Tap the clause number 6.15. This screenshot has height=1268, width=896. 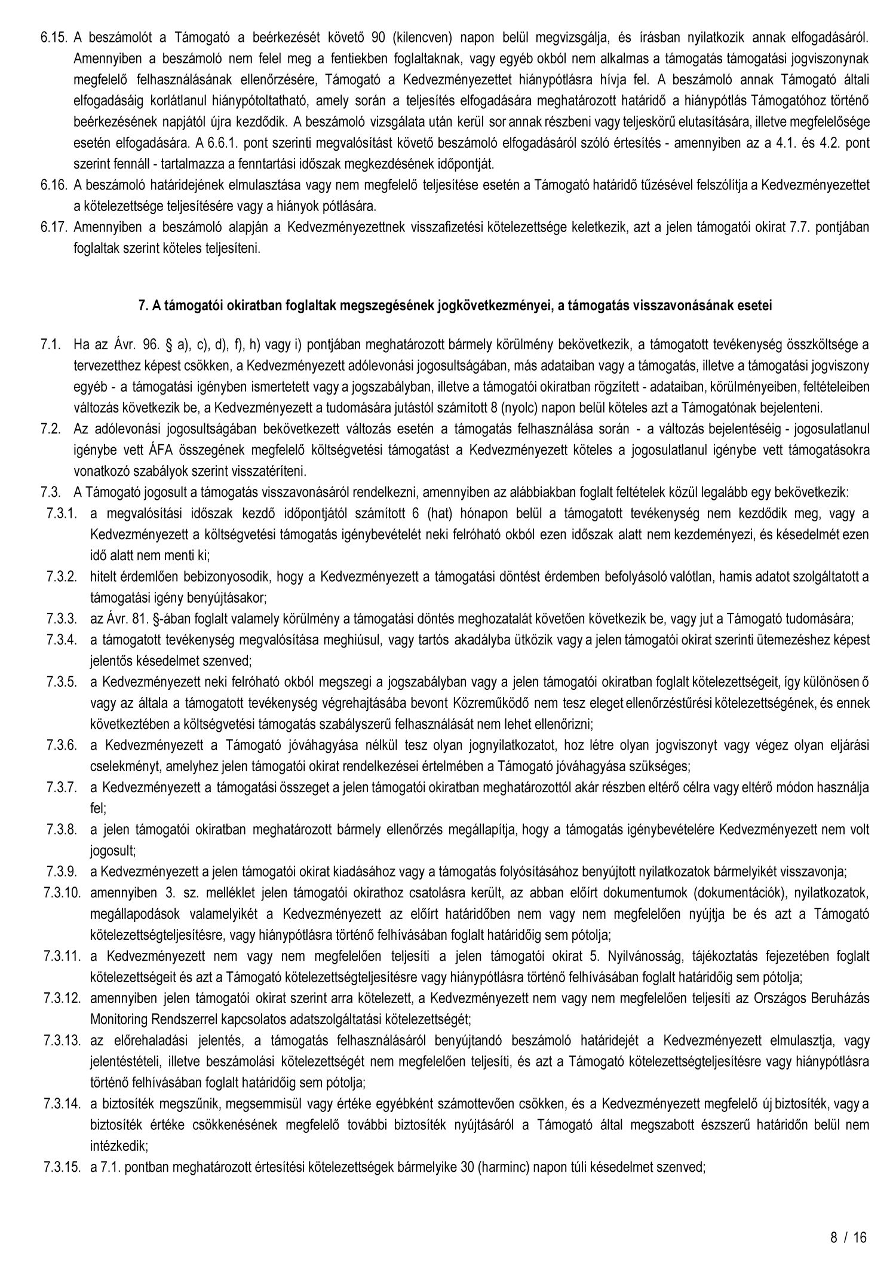click(53, 22)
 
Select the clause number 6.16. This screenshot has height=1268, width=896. click(53, 186)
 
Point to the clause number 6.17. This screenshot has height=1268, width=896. click(53, 227)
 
